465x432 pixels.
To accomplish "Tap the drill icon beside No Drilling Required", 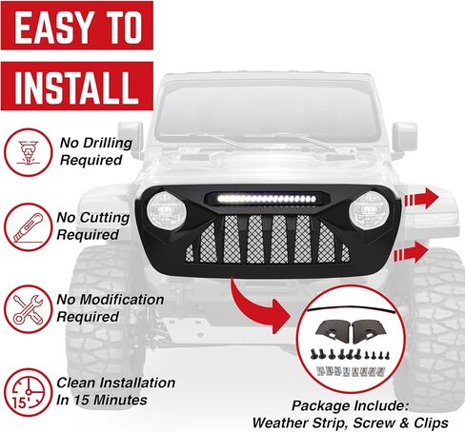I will coord(28,151).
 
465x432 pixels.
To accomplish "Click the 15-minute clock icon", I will coord(28,391).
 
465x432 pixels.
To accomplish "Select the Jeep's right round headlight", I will coord(367,208).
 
